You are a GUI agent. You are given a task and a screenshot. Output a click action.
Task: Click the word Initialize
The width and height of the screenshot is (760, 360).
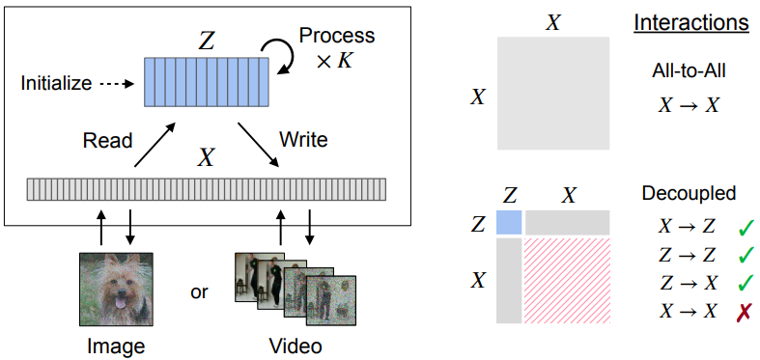(56, 83)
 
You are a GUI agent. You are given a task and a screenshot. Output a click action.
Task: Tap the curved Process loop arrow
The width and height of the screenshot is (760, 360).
(285, 54)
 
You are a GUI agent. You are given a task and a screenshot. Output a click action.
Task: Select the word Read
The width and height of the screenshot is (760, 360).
(107, 141)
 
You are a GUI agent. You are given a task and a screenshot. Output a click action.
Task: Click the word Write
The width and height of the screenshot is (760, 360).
(303, 140)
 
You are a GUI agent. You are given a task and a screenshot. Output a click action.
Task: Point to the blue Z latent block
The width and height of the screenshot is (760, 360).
(207, 82)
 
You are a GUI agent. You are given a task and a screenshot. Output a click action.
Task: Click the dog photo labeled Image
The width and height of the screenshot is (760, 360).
(116, 289)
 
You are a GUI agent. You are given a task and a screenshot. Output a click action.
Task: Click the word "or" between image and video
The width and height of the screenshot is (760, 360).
(199, 292)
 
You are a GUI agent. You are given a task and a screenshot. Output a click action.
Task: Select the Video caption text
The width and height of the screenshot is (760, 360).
(296, 346)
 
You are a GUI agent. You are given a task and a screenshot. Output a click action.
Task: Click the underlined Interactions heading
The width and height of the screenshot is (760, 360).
(691, 23)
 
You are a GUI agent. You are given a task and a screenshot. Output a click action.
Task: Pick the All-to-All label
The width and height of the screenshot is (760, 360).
(689, 71)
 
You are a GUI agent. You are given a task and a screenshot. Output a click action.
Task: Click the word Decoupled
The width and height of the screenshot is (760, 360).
(689, 193)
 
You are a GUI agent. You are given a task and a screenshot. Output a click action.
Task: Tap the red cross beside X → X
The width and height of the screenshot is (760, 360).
(743, 311)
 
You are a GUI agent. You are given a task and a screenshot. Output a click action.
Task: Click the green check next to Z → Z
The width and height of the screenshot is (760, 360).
(746, 255)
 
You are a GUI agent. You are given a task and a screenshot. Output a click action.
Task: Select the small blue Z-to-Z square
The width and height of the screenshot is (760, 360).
(509, 222)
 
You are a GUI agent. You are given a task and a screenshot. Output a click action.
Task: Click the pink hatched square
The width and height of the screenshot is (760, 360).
(567, 281)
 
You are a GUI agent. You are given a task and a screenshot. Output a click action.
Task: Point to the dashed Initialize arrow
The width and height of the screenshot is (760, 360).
(116, 84)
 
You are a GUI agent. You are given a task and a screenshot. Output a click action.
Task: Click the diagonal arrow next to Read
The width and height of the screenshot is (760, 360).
(155, 146)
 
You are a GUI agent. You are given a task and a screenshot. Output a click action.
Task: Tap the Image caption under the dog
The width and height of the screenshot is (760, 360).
(116, 346)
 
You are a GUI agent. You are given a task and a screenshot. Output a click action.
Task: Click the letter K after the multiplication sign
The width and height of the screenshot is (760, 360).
(345, 62)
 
